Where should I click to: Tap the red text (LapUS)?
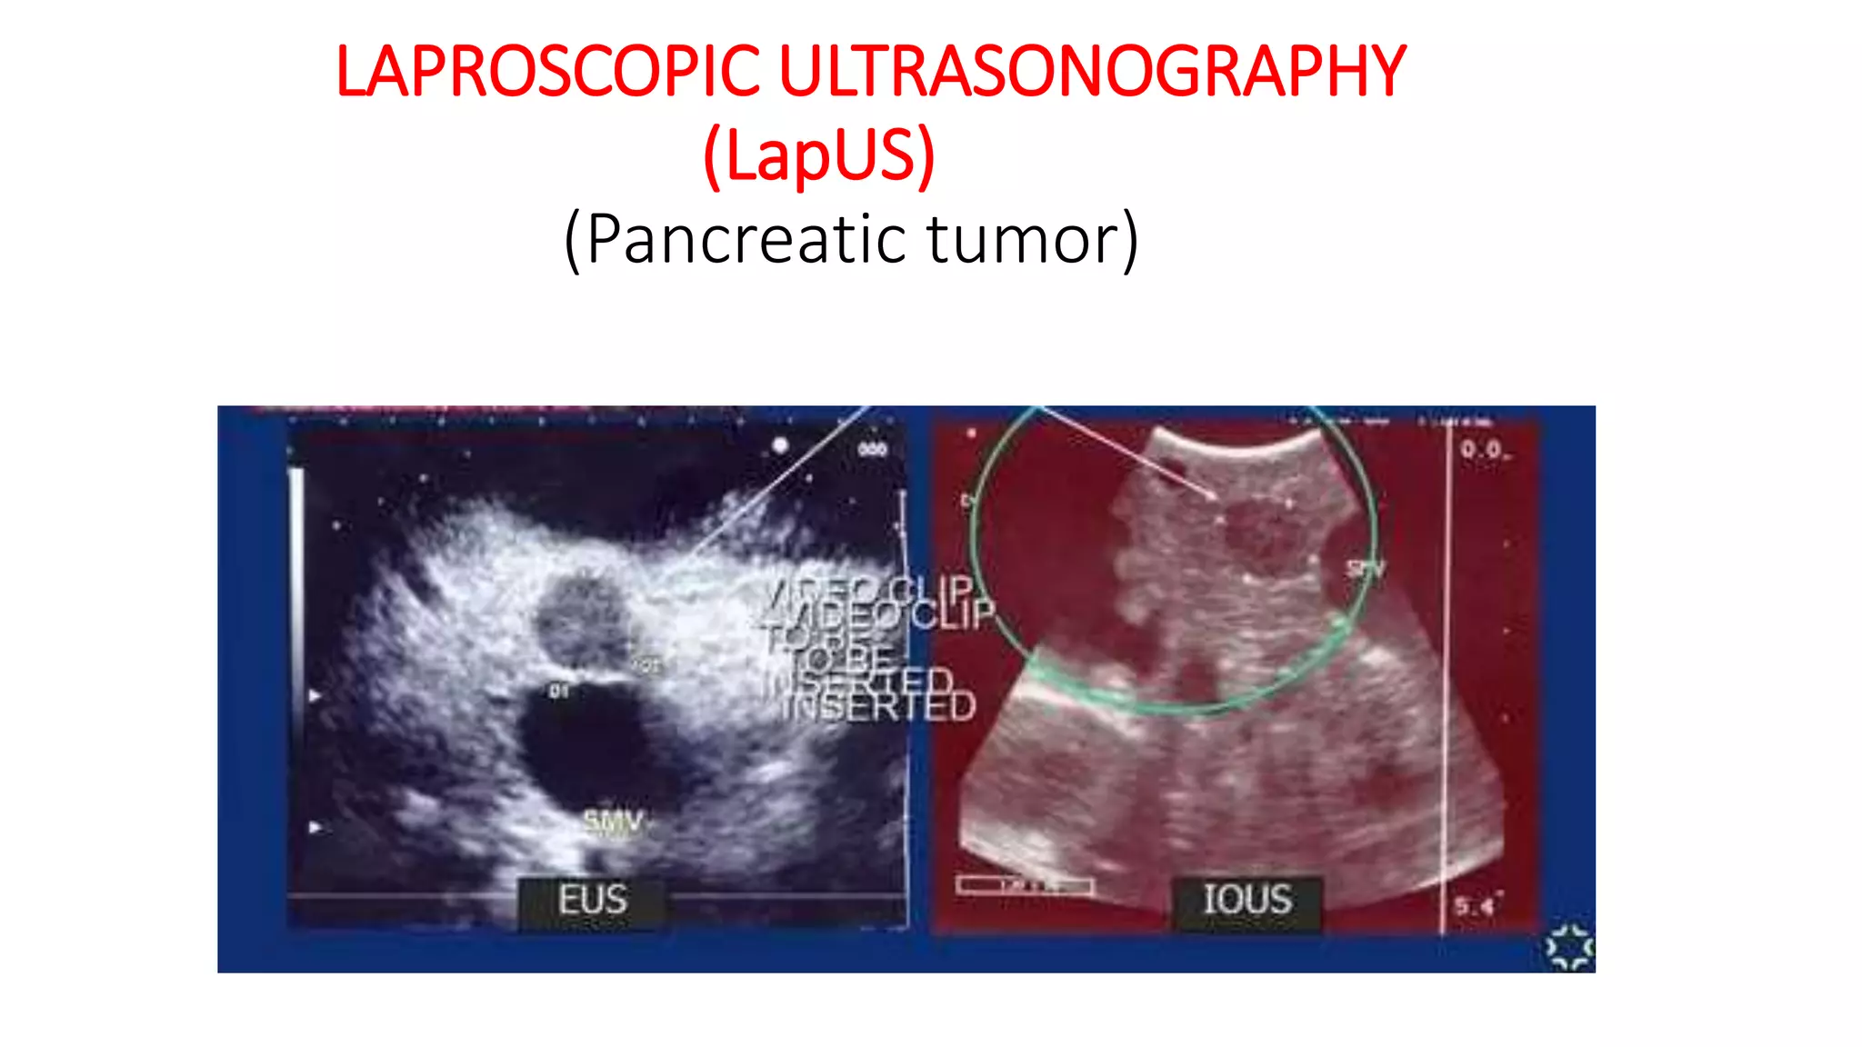coord(819,155)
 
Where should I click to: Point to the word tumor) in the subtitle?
coord(1032,239)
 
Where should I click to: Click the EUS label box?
coord(592,901)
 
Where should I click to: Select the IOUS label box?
coord(1246,901)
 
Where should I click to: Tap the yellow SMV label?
coord(613,823)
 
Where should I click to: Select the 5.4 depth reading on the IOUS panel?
coord(1473,905)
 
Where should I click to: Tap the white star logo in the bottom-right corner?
coord(1569,947)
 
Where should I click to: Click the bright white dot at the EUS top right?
coord(780,445)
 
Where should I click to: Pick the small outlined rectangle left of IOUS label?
coord(1025,884)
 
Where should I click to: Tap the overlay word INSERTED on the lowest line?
coord(878,707)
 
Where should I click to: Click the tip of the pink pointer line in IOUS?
coord(1215,496)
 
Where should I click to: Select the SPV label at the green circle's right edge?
coord(1364,570)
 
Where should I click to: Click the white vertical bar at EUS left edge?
coord(295,582)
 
